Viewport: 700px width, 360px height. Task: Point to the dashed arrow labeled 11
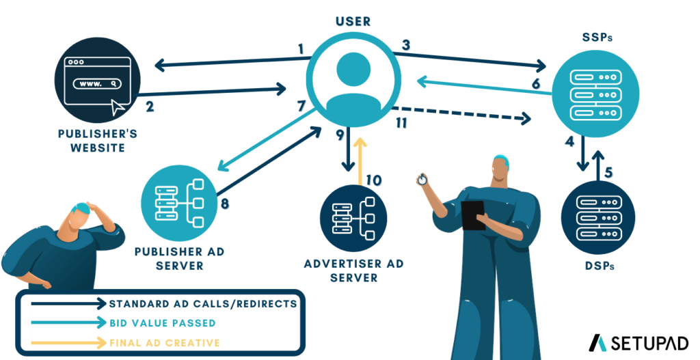pyautogui.click(x=465, y=113)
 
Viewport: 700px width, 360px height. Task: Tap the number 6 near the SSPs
pyautogui.click(x=535, y=84)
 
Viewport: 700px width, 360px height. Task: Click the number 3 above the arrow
pyautogui.click(x=405, y=46)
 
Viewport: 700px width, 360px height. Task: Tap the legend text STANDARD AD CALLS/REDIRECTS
pyautogui.click(x=202, y=303)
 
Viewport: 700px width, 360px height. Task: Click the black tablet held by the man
pyautogui.click(x=472, y=215)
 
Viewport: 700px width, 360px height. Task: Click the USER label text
pyautogui.click(x=353, y=21)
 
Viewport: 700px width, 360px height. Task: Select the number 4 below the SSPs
pyautogui.click(x=569, y=143)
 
